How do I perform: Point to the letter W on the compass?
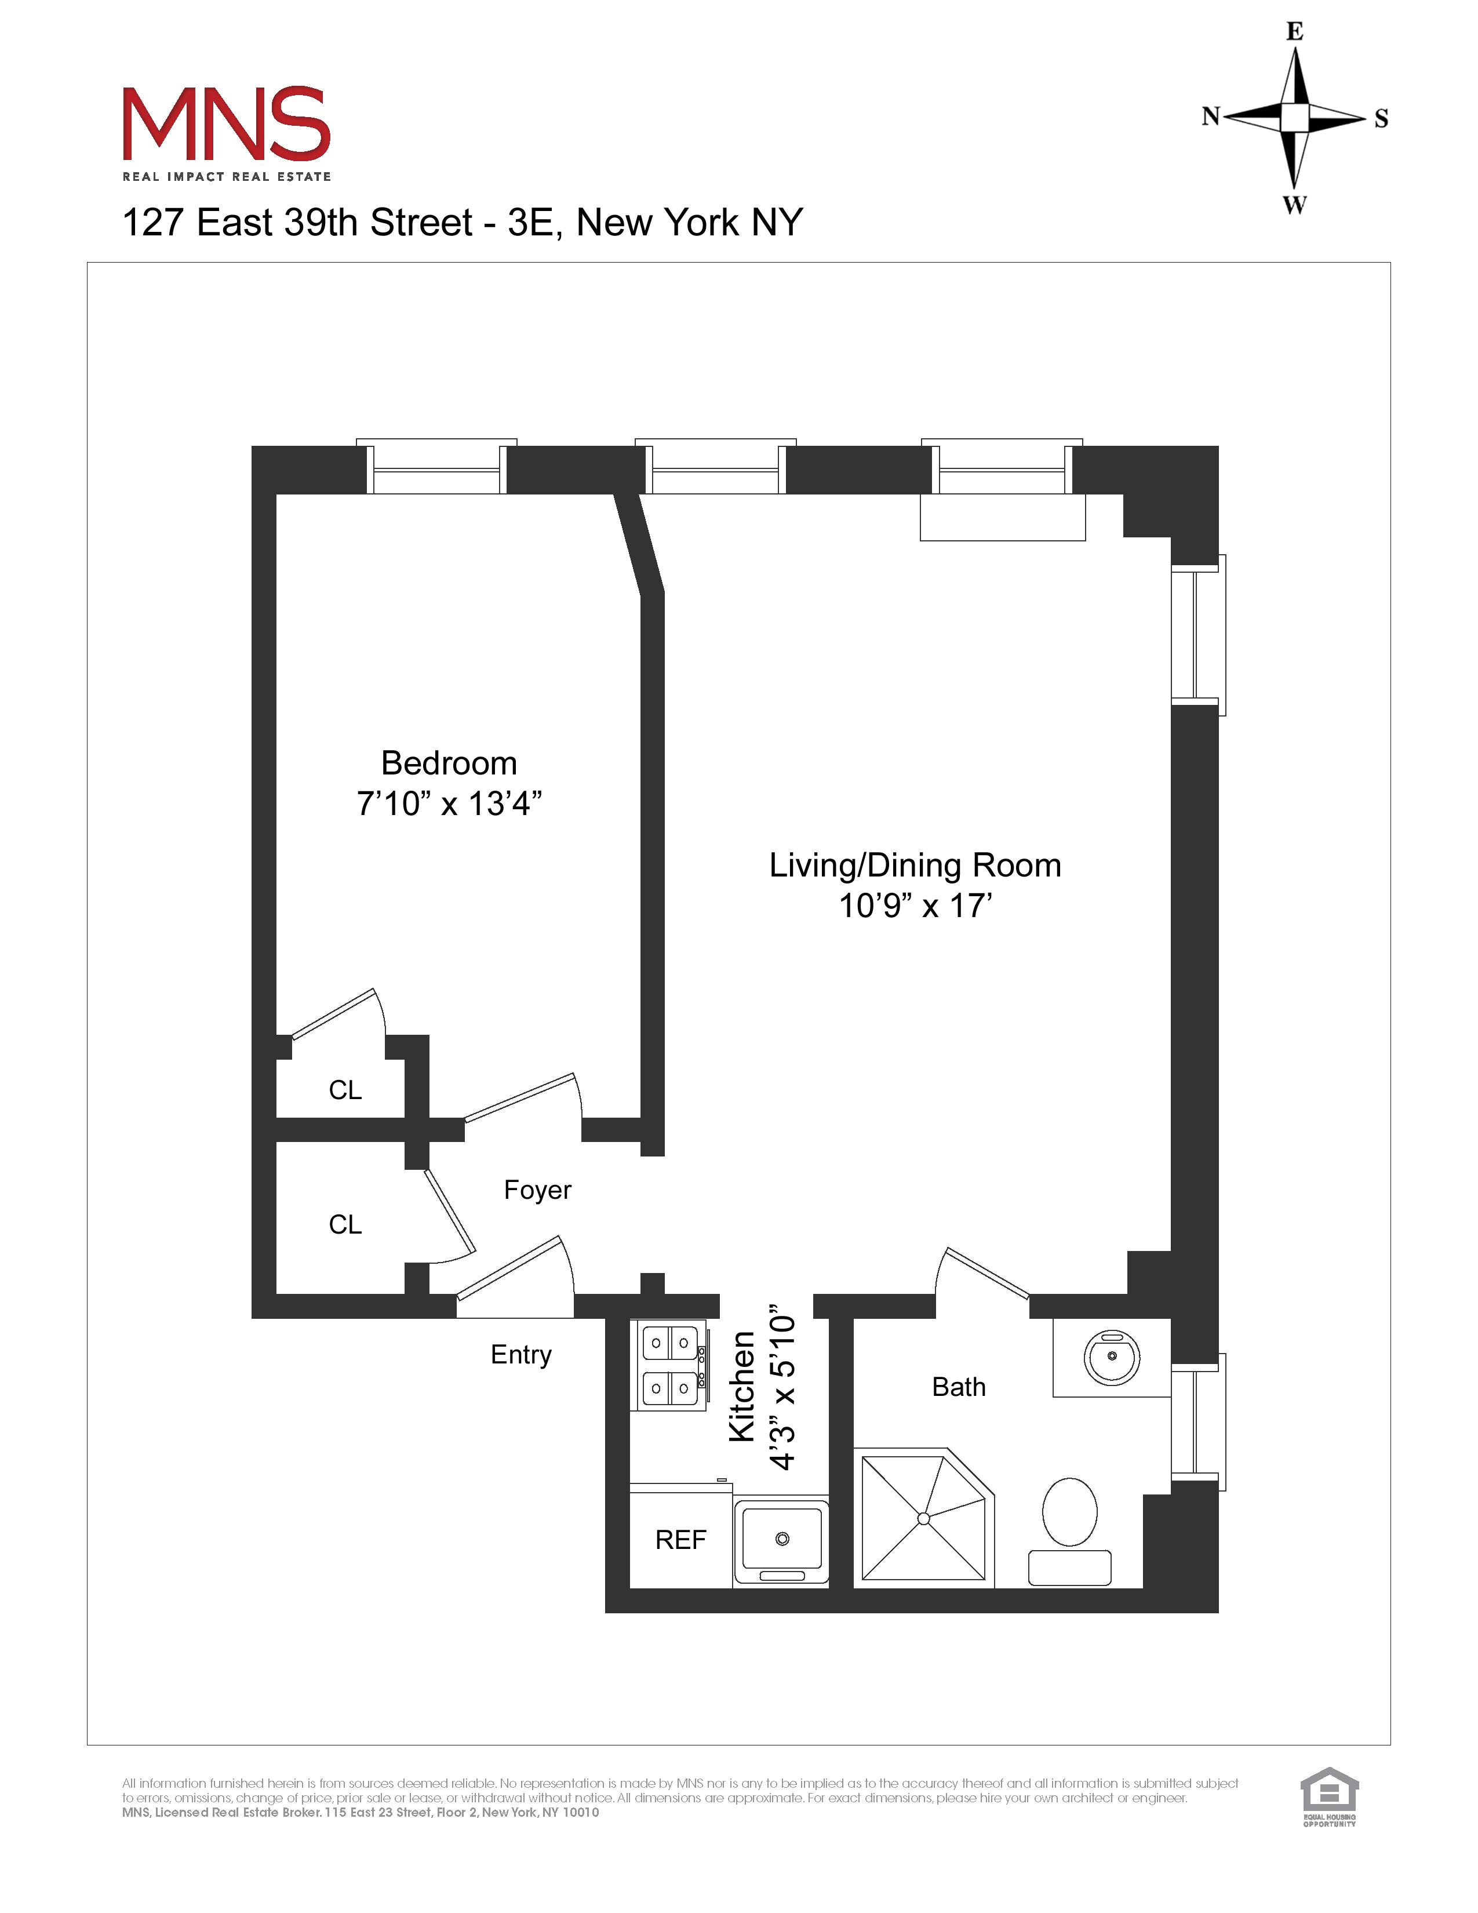pos(1294,205)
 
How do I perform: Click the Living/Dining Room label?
pos(915,865)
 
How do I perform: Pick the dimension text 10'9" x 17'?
pos(915,905)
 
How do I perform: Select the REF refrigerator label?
pos(680,1540)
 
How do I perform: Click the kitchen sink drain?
pos(782,1539)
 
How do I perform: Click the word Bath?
pos(959,1387)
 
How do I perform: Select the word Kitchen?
pos(742,1387)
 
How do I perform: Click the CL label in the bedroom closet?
pos(345,1090)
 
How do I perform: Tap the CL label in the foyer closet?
pos(345,1224)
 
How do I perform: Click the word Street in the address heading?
pos(421,223)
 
